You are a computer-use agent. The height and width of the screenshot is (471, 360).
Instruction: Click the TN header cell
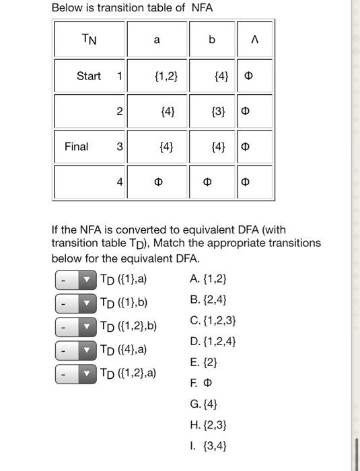pyautogui.click(x=89, y=40)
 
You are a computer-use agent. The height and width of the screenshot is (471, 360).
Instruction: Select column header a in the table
pyautogui.click(x=157, y=40)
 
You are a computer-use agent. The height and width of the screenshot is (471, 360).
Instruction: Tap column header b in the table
pyautogui.click(x=212, y=40)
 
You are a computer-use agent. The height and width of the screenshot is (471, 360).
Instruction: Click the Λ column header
pyautogui.click(x=254, y=40)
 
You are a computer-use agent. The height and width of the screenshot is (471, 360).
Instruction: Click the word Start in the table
pyautogui.click(x=89, y=76)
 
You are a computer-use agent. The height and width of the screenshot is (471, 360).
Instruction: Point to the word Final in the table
pyautogui.click(x=76, y=146)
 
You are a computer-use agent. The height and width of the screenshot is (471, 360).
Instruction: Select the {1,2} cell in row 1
pyautogui.click(x=166, y=76)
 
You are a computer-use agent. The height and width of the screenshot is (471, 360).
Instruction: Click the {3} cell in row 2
pyautogui.click(x=219, y=111)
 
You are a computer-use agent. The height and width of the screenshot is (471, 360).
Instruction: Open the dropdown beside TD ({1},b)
pyautogui.click(x=76, y=303)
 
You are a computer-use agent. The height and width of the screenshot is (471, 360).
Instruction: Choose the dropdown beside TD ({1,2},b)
pyautogui.click(x=76, y=327)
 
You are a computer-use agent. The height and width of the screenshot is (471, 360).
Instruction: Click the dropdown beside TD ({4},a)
pyautogui.click(x=76, y=351)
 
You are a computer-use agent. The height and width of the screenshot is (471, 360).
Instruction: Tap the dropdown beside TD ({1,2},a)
pyautogui.click(x=76, y=373)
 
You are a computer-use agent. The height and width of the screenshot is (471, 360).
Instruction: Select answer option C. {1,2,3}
pyautogui.click(x=213, y=320)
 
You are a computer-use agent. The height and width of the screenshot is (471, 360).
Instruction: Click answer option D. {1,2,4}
pyautogui.click(x=213, y=341)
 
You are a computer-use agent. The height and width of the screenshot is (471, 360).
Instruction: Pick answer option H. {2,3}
pyautogui.click(x=209, y=425)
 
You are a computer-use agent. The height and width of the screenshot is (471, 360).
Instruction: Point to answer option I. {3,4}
pyautogui.click(x=209, y=445)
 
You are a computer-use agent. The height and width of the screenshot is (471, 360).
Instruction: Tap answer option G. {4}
pyautogui.click(x=205, y=404)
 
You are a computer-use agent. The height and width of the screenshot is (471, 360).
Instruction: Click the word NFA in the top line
pyautogui.click(x=202, y=8)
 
